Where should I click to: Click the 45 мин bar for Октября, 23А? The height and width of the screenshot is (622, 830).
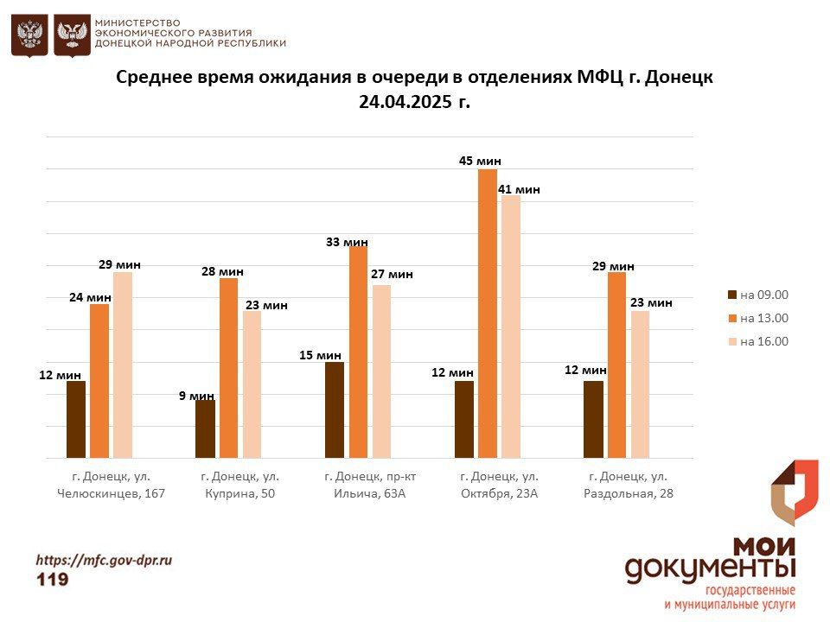pos(488,314)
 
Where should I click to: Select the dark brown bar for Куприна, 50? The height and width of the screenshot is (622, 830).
pos(206,428)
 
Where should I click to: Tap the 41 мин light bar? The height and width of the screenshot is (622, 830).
pos(511,327)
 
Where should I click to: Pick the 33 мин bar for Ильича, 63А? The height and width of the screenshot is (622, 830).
pos(358,352)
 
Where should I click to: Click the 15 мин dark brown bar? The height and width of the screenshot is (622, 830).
pos(335,409)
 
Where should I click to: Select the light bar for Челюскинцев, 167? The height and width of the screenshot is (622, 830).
pos(123,365)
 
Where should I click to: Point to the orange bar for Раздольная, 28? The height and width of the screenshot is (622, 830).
pos(616,365)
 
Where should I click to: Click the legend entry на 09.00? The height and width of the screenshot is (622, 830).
pos(758,295)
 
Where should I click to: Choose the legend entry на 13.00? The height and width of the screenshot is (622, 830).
pos(758,318)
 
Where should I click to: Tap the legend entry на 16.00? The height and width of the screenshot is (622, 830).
pos(758,341)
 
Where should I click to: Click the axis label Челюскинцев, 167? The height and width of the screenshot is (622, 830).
pos(111,494)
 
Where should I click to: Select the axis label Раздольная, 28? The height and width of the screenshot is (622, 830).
pos(629,494)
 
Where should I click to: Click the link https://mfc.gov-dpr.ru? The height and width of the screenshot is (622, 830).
pos(104,560)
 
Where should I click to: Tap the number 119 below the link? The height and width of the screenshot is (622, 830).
pos(52,580)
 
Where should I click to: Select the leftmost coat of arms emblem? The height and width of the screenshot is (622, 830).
pos(29,35)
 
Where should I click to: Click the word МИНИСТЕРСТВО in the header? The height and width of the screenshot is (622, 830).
pos(137,22)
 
